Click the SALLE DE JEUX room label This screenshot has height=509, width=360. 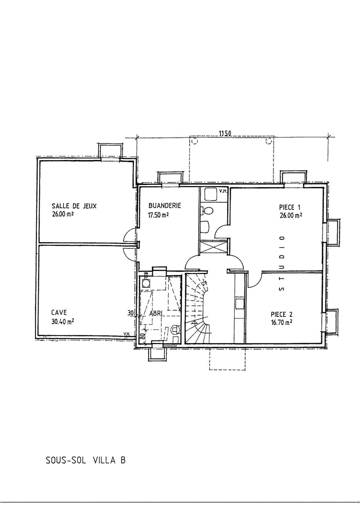[74, 206]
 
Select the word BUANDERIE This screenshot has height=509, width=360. [165, 206]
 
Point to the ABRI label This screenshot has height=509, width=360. [155, 313]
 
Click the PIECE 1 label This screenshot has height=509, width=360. [290, 207]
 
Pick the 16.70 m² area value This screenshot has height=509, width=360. [281, 322]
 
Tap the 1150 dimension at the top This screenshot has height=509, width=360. [225, 134]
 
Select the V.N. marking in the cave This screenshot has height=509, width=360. [126, 334]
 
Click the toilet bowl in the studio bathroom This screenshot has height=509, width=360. [208, 210]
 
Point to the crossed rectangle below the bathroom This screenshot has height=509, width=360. [213, 247]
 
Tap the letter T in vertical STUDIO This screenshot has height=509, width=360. [282, 279]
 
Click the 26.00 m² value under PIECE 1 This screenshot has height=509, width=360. [291, 215]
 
